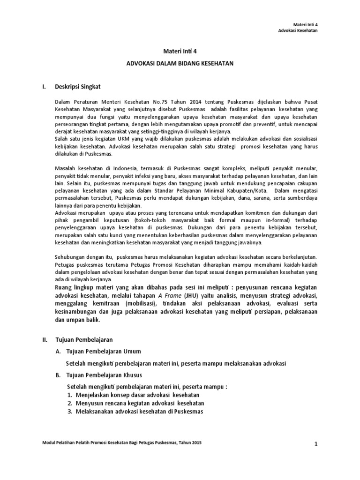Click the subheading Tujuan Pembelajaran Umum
tap(104, 351)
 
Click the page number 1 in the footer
tap(316, 444)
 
